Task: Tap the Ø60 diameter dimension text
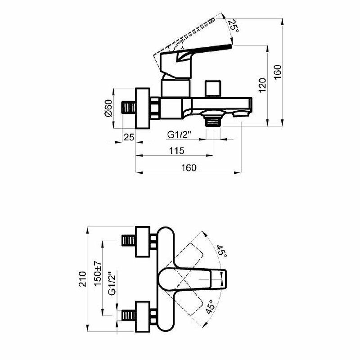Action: click(108, 108)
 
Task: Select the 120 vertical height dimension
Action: click(263, 84)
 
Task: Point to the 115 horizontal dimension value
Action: click(176, 151)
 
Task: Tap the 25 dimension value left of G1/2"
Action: click(129, 137)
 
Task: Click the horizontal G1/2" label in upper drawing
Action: click(180, 135)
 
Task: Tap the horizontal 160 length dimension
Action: click(189, 167)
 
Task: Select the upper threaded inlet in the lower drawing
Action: click(129, 239)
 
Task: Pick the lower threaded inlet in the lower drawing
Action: click(129, 315)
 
